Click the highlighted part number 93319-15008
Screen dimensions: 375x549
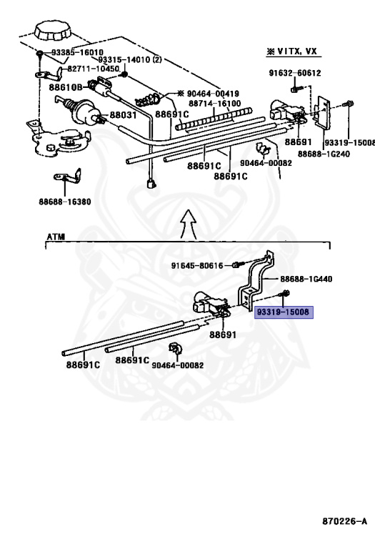(283, 312)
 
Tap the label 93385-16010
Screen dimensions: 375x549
(77, 52)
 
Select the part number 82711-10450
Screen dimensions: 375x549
(93, 69)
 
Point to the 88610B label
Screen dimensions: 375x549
(66, 86)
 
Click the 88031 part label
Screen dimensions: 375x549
(123, 115)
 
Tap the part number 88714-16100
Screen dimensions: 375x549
(215, 103)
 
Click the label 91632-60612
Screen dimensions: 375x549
(295, 73)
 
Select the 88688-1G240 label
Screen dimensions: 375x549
(324, 154)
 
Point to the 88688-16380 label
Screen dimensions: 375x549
(65, 202)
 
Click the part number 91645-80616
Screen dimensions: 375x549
(197, 266)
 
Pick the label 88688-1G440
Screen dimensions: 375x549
(306, 279)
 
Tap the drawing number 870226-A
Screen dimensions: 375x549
(344, 521)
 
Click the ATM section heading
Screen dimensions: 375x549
(56, 237)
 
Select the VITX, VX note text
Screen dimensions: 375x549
(297, 51)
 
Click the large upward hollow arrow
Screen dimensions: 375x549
(189, 224)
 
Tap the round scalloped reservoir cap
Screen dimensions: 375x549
(52, 31)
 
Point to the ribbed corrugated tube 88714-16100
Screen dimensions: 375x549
(214, 119)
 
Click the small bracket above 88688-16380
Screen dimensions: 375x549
(68, 177)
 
